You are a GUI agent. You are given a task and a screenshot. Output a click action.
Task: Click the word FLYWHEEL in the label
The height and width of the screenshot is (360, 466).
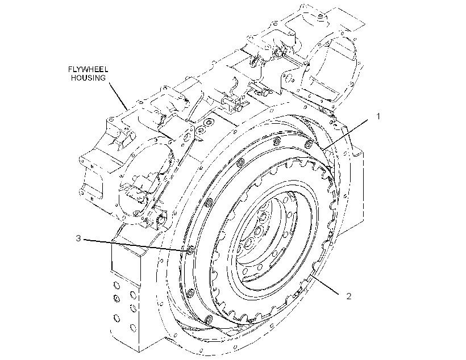tap(88, 69)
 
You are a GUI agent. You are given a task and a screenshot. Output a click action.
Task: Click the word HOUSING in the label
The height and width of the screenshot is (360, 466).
tap(88, 78)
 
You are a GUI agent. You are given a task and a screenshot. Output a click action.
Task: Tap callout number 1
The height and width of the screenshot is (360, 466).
tap(378, 116)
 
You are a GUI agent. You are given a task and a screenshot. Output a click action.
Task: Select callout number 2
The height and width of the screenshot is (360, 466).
tap(348, 296)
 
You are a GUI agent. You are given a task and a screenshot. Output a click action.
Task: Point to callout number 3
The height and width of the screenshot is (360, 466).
tap(78, 238)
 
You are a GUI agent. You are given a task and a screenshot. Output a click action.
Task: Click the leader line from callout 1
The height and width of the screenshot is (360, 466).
tap(346, 133)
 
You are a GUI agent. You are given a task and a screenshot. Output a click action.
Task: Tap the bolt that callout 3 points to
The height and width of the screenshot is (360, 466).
tap(191, 250)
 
